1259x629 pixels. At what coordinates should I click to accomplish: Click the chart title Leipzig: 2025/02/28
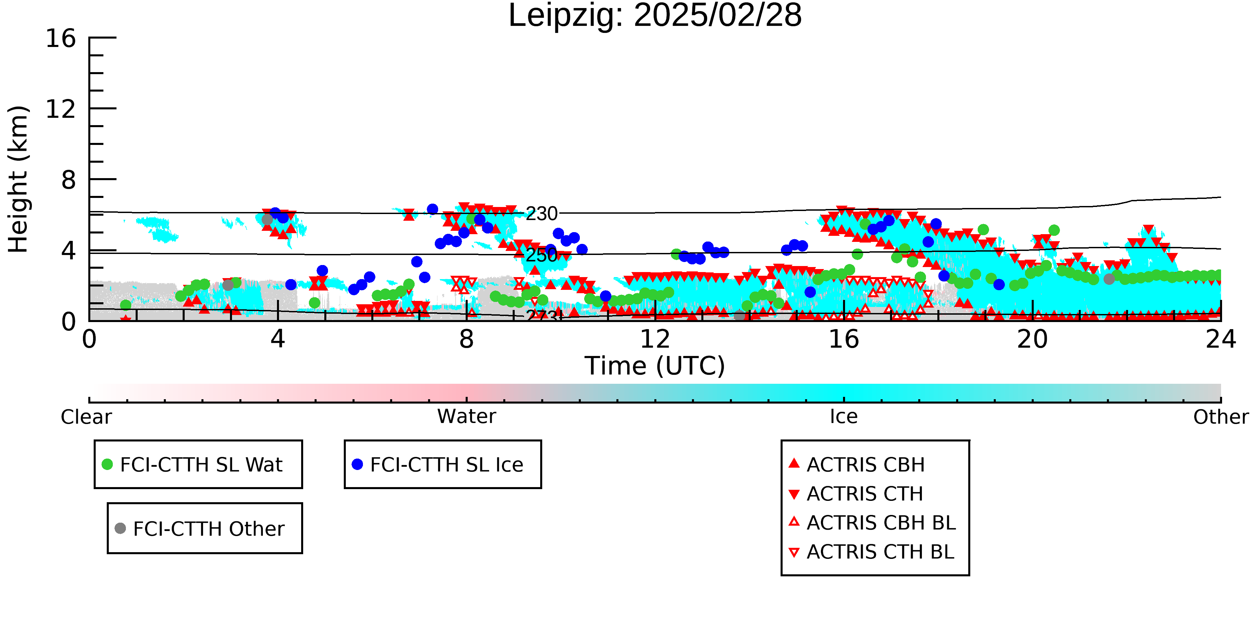pyautogui.click(x=655, y=16)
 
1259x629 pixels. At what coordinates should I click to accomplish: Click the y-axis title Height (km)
pyautogui.click(x=18, y=179)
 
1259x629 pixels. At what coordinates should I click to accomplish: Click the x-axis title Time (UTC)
pyautogui.click(x=655, y=366)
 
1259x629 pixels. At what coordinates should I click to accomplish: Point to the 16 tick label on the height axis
pyautogui.click(x=61, y=38)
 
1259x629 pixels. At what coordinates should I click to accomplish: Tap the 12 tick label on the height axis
pyautogui.click(x=61, y=109)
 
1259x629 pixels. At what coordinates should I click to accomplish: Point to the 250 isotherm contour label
pyautogui.click(x=542, y=255)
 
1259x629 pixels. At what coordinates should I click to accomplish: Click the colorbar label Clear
pyautogui.click(x=86, y=417)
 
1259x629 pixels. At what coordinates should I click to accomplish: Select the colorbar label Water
pyautogui.click(x=467, y=417)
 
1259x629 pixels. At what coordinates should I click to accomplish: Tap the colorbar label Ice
pyautogui.click(x=844, y=417)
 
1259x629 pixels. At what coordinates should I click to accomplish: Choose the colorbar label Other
pyautogui.click(x=1221, y=417)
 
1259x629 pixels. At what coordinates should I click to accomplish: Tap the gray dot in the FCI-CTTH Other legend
pyautogui.click(x=120, y=528)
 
